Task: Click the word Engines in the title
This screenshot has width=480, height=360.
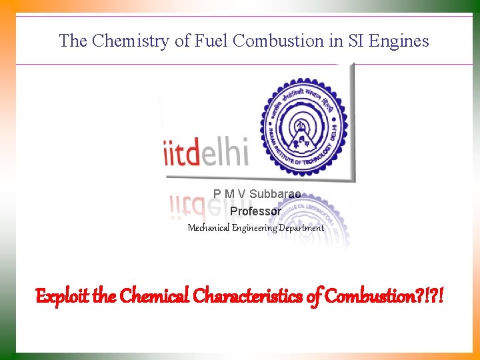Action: click(x=399, y=41)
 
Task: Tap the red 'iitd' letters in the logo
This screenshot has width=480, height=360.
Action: click(x=182, y=153)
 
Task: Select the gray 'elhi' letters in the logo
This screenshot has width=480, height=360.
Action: click(x=224, y=153)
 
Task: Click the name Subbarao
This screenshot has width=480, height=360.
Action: click(x=275, y=194)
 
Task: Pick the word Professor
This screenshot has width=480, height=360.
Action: click(x=255, y=211)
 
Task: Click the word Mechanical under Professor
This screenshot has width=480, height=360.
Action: click(x=209, y=228)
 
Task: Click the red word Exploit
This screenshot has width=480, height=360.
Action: click(x=62, y=295)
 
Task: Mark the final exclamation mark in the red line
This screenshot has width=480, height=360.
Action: click(x=441, y=295)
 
